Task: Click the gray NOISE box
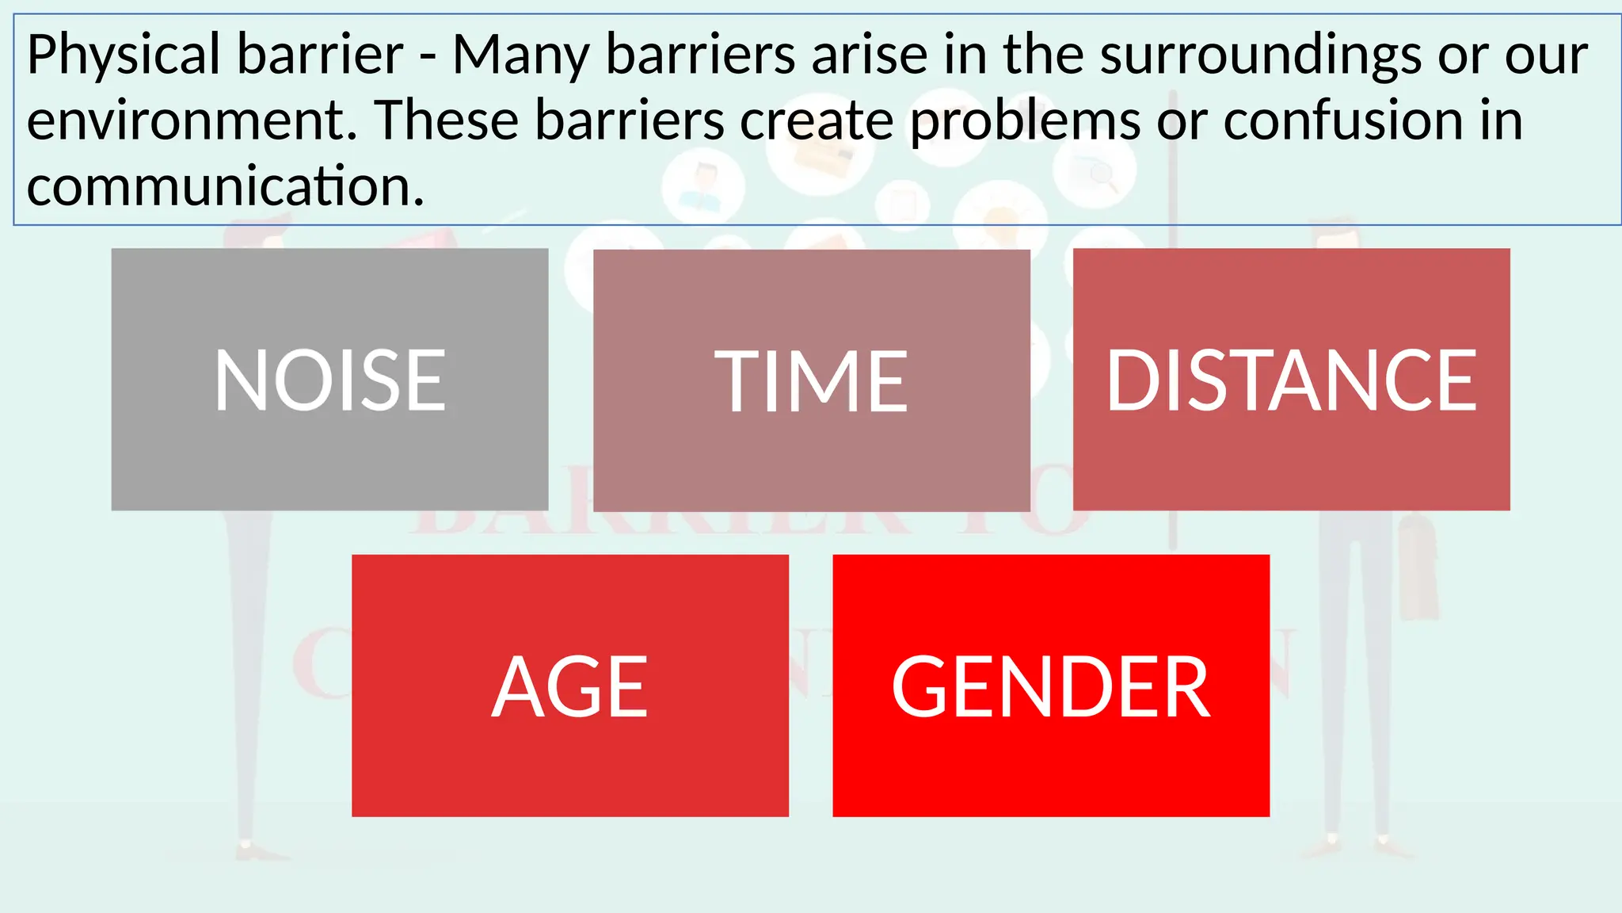point(329,379)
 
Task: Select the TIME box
point(811,380)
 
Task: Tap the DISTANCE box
point(1291,379)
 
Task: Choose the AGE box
point(570,686)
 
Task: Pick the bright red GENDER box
point(1051,686)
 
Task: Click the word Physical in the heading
point(124,55)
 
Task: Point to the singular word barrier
point(321,55)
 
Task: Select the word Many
point(521,55)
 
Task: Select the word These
point(447,120)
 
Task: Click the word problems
point(1025,122)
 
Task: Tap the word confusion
point(1343,120)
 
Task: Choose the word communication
point(226,187)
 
